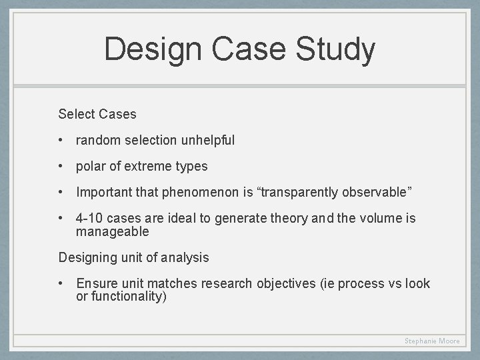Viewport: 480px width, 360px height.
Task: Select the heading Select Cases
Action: point(97,114)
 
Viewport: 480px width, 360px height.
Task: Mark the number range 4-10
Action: point(90,218)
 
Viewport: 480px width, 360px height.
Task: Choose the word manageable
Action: point(113,231)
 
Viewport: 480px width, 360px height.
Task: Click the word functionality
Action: point(129,296)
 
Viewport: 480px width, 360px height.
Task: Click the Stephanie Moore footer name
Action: point(432,341)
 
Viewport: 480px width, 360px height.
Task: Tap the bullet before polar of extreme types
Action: point(61,166)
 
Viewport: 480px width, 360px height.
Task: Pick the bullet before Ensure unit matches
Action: point(61,283)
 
